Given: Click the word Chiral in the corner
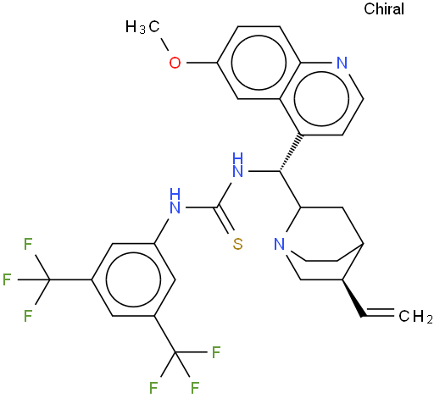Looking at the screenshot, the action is point(384,8).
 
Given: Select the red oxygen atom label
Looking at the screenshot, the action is point(175,63).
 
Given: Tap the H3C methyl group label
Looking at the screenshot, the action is point(142,27).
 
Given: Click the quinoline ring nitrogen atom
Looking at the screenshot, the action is point(342,63).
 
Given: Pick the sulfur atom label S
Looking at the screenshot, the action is point(238,244).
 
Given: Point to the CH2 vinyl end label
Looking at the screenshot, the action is point(415,316).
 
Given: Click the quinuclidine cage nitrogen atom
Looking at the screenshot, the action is point(280,244).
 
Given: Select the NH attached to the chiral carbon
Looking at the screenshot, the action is point(237,165).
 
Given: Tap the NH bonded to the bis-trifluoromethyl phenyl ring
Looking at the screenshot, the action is point(175,201).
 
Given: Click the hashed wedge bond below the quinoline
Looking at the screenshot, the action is point(291,153).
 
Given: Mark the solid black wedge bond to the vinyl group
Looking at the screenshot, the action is point(352,298).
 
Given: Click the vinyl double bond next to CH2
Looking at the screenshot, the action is point(380,312).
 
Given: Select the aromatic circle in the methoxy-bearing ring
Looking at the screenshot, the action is point(259,63).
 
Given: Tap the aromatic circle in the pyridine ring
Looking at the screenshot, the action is point(321,98).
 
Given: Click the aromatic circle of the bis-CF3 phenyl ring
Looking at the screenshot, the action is point(133,279).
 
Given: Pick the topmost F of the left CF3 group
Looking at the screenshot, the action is point(28,244).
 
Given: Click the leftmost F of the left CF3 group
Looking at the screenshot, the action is point(7,279).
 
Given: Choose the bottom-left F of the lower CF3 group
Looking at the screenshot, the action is point(153,388).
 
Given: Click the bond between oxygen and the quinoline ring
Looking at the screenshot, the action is point(202,63).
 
